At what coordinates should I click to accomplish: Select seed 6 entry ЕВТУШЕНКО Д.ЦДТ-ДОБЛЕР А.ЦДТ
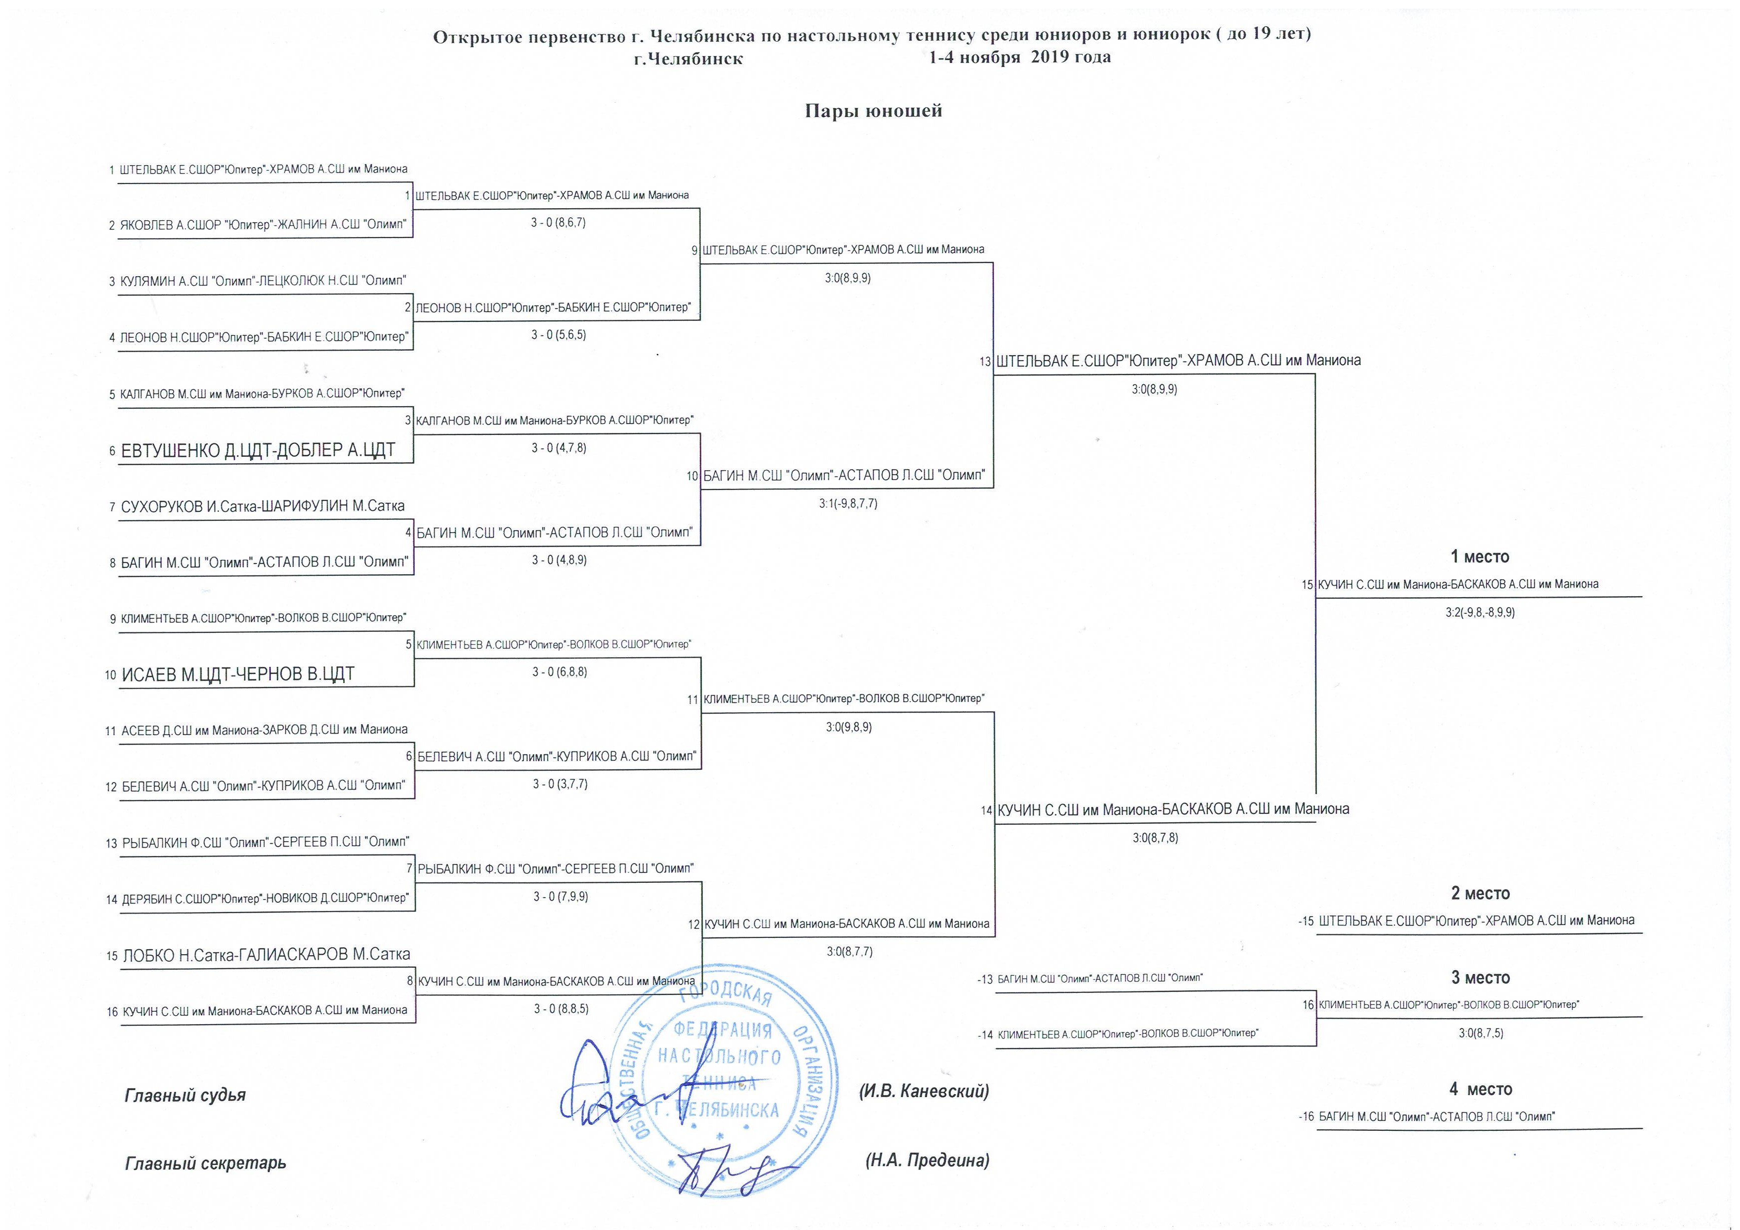click(x=258, y=450)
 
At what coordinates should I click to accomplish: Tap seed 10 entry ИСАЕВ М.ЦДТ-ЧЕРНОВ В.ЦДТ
click(x=238, y=674)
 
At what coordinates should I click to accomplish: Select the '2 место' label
click(x=1481, y=894)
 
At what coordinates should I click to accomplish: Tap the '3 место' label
click(x=1481, y=978)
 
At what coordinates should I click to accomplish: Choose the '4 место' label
click(x=1481, y=1089)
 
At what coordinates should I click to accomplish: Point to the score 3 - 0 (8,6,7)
click(x=559, y=223)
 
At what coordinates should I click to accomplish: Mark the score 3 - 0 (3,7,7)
click(x=560, y=784)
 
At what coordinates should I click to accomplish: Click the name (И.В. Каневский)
click(x=924, y=1091)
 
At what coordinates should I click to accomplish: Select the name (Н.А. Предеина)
click(x=927, y=1160)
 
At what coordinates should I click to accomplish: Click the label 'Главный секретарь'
click(x=205, y=1163)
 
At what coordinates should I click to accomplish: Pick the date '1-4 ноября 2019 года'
click(x=1020, y=58)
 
